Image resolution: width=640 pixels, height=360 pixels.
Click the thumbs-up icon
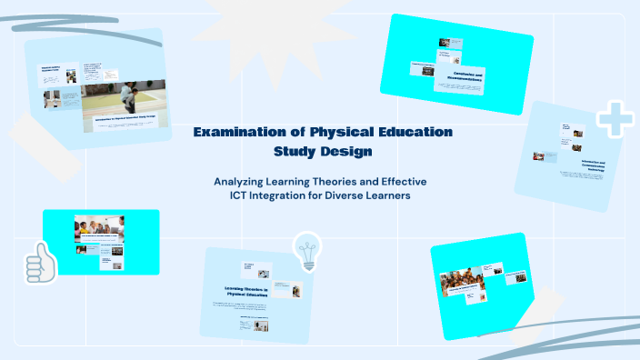coord(41,263)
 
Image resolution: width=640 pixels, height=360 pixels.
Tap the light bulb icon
coord(306,251)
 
